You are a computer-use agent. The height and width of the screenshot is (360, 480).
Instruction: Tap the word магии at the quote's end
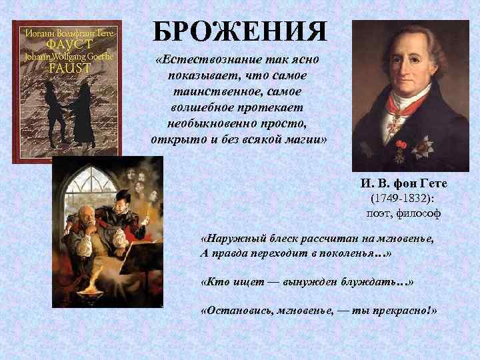click(301, 139)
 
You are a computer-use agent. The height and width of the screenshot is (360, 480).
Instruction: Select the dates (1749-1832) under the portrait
click(404, 199)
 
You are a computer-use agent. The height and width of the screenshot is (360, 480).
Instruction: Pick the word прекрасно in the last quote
click(396, 312)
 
